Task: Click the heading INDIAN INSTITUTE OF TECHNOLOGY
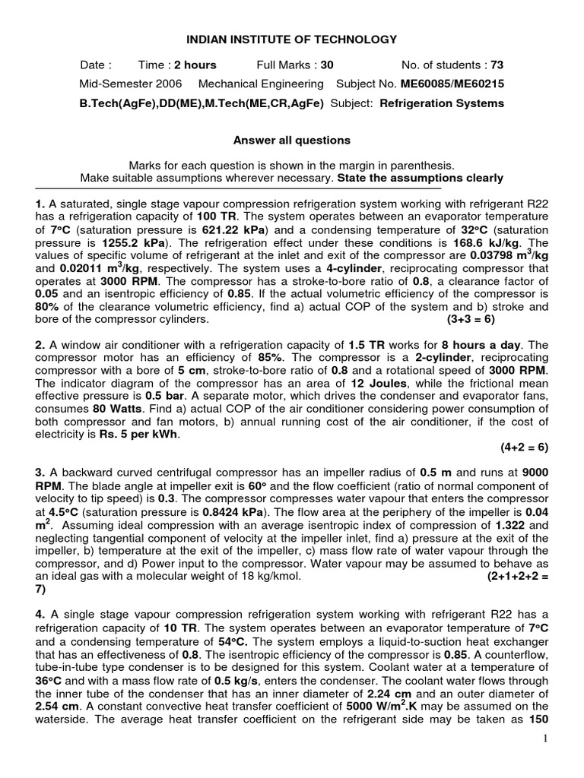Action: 292,40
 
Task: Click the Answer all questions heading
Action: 291,141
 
